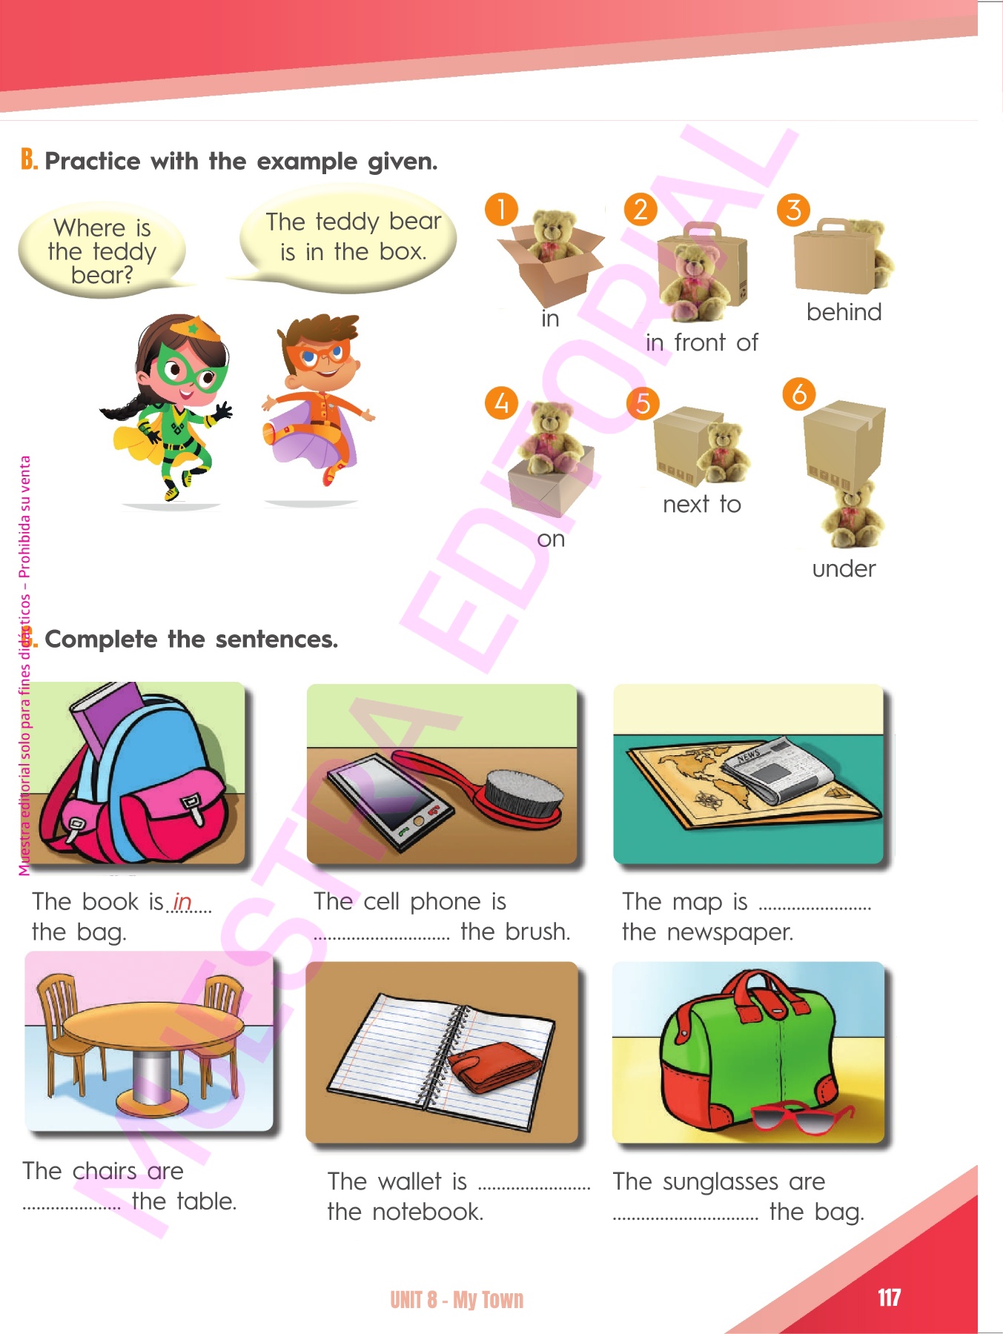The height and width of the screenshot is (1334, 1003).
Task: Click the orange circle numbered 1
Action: pyautogui.click(x=501, y=210)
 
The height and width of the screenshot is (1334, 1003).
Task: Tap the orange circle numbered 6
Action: pyautogui.click(x=799, y=394)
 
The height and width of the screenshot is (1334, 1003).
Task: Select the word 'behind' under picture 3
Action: pyautogui.click(x=844, y=312)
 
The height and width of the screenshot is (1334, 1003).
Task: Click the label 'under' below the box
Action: pyautogui.click(x=844, y=568)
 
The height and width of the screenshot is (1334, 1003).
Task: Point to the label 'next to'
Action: pyautogui.click(x=702, y=504)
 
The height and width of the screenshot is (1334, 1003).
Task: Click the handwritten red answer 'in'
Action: pyautogui.click(x=182, y=901)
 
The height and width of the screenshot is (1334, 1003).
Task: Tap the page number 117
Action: pyautogui.click(x=889, y=1298)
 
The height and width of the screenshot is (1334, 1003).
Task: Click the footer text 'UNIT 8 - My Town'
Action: pyautogui.click(x=457, y=1299)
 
